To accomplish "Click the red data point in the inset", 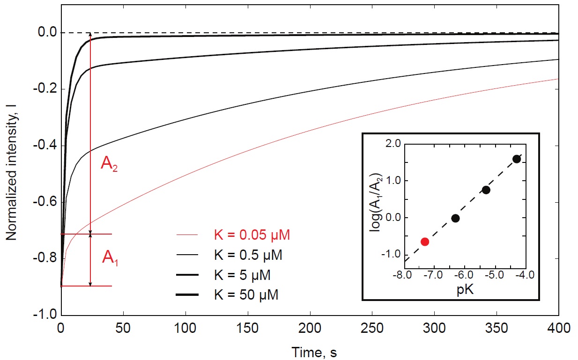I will [x=425, y=242].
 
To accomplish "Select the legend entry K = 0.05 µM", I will [x=249, y=235].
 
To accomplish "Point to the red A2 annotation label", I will [x=109, y=166].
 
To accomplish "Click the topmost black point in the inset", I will [x=517, y=159].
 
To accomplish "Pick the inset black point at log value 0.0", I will [x=455, y=218].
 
